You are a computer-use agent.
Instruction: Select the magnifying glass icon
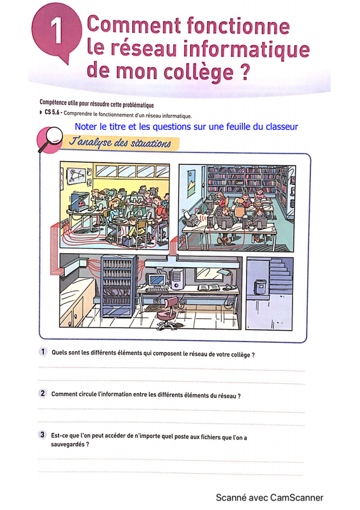point(50,139)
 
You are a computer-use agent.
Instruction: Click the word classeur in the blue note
point(281,126)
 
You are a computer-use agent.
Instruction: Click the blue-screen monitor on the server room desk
point(156,280)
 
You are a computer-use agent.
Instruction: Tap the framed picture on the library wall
point(192,184)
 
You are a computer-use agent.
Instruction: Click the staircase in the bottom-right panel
point(280,277)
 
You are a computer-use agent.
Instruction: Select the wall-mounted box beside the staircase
point(260,286)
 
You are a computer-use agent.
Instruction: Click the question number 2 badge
point(43,393)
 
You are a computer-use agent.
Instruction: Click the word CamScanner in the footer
point(296,498)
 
